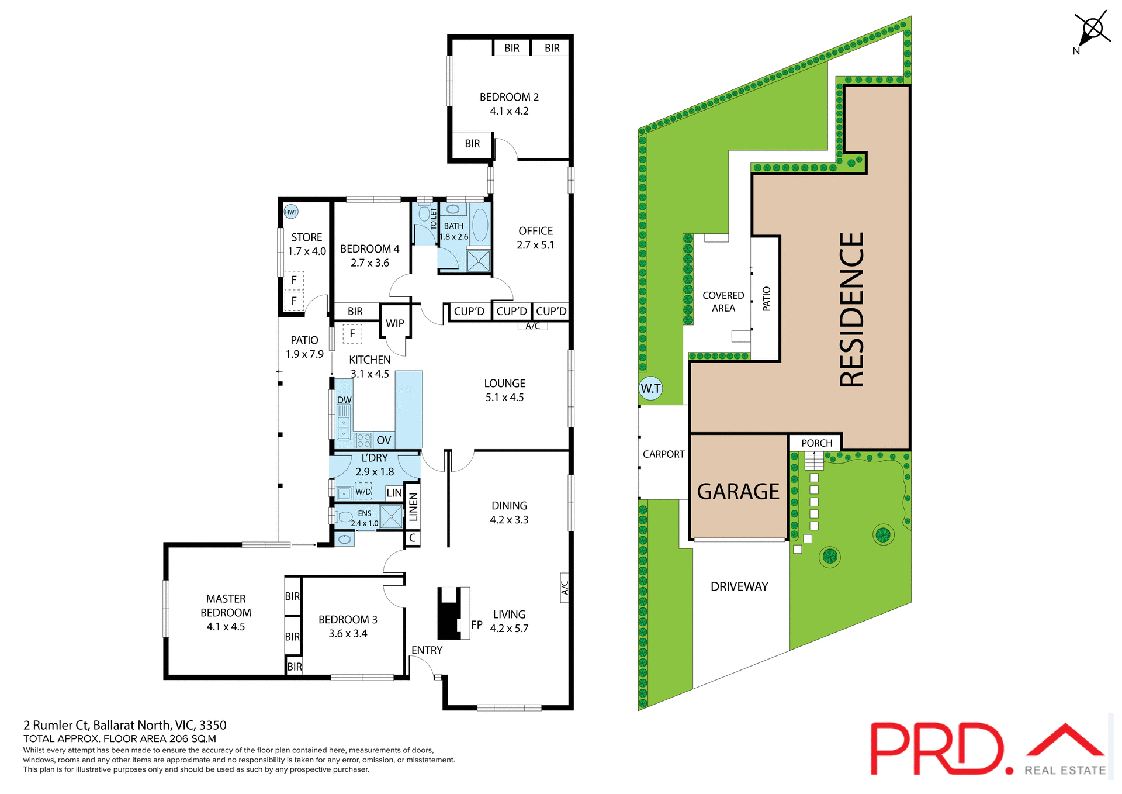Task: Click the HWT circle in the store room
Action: point(291,212)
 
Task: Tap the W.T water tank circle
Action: point(650,388)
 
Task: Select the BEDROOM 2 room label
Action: point(509,98)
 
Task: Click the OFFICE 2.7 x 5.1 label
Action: point(535,238)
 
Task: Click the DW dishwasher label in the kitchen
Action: point(344,401)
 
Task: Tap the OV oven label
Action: point(384,440)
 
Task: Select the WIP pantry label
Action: point(395,323)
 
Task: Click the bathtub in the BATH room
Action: point(480,226)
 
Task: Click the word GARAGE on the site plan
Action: point(738,492)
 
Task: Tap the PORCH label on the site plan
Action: point(816,443)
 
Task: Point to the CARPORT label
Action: point(663,454)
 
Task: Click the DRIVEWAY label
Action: point(739,586)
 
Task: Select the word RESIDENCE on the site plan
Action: point(851,310)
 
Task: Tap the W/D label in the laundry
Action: point(363,492)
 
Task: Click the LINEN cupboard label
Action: point(413,507)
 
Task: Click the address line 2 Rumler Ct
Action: point(124,726)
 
